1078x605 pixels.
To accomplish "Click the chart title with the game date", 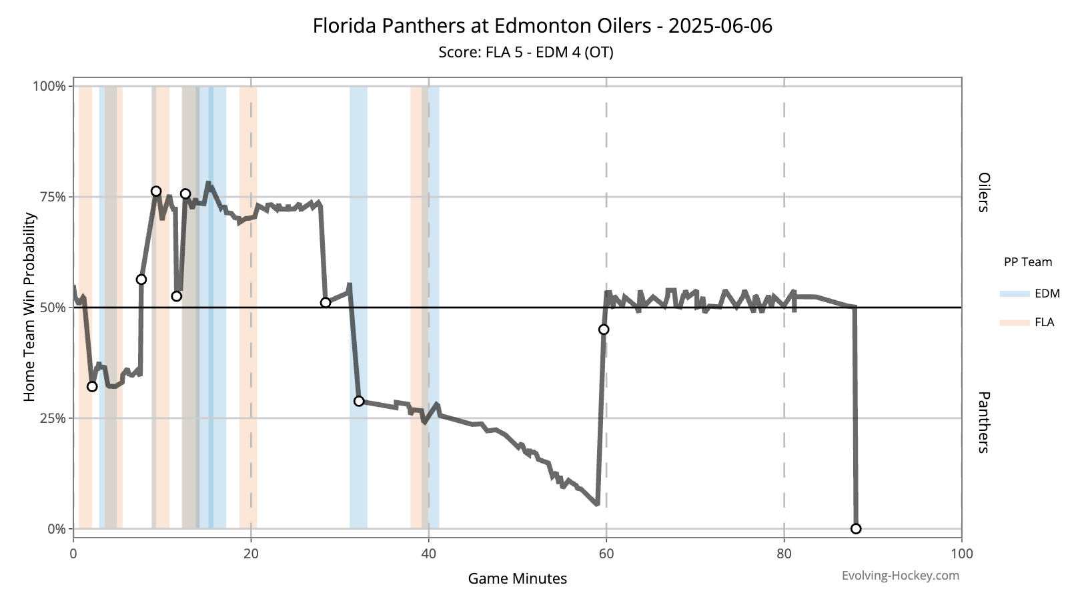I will pyautogui.click(x=542, y=26).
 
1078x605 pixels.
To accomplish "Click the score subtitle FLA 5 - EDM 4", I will pyautogui.click(x=526, y=52).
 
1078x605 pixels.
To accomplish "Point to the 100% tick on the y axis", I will pyautogui.click(x=50, y=86).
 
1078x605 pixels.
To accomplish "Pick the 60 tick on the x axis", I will pyautogui.click(x=606, y=554).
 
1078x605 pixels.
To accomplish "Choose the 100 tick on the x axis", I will pyautogui.click(x=961, y=554).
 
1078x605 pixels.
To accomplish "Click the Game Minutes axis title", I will pyautogui.click(x=517, y=578).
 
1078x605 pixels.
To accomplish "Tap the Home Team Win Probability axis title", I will pyautogui.click(x=29, y=307).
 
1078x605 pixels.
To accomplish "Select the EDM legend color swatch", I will pyautogui.click(x=1015, y=293).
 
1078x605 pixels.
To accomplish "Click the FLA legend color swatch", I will pyautogui.click(x=1015, y=322).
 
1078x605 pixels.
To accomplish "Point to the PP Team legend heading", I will pyautogui.click(x=1027, y=262).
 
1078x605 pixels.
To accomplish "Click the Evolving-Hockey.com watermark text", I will pyautogui.click(x=900, y=576).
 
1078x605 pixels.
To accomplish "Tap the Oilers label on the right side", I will pyautogui.click(x=983, y=192).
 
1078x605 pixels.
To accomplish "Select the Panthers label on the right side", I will pyautogui.click(x=983, y=422).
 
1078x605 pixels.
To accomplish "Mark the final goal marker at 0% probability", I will pyautogui.click(x=856, y=529).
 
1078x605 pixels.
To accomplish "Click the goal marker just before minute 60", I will pyautogui.click(x=604, y=330).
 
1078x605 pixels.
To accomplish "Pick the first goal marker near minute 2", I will pyautogui.click(x=92, y=387).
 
